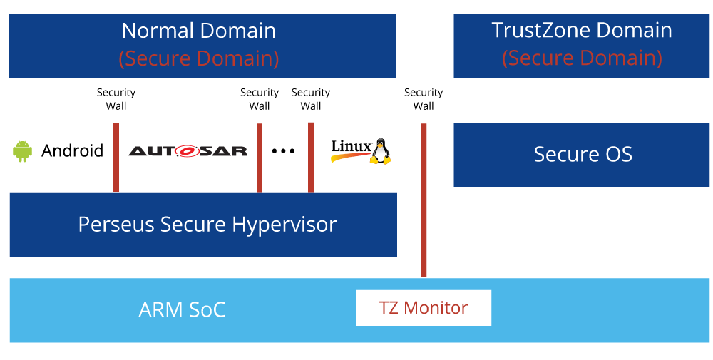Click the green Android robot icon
tap(22, 150)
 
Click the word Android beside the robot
tap(72, 150)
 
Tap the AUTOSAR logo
tap(188, 151)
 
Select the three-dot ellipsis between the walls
tap(283, 151)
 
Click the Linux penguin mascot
tap(380, 151)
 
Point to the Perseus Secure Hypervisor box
tap(203, 225)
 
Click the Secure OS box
tap(582, 155)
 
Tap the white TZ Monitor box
tap(424, 308)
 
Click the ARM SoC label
tap(182, 310)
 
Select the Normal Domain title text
tap(199, 31)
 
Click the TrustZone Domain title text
tap(582, 30)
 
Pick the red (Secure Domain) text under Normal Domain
tap(199, 58)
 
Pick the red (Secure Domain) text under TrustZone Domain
tap(582, 58)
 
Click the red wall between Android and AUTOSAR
tap(116, 158)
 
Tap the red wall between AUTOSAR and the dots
tap(260, 158)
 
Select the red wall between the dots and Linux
tap(311, 158)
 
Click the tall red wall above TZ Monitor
tap(424, 200)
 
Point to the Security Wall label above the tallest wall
tap(424, 99)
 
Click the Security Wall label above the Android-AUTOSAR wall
tap(116, 99)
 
